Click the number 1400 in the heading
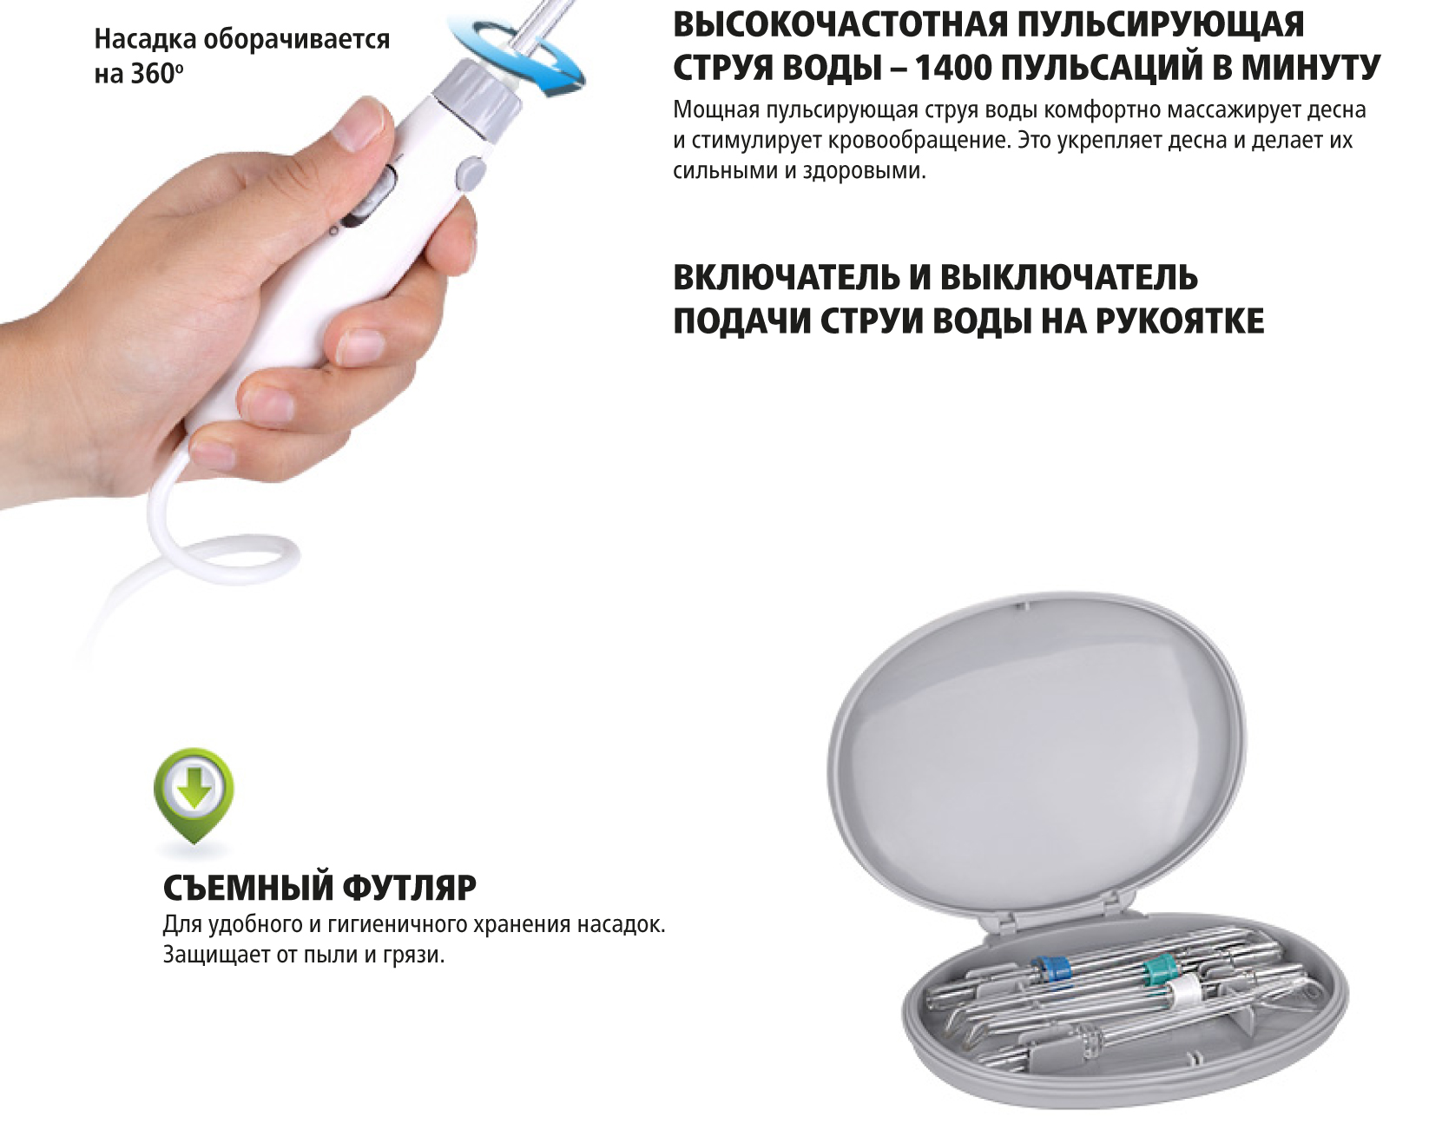pyautogui.click(x=952, y=68)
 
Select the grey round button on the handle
pyautogui.click(x=470, y=171)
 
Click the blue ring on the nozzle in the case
pyautogui.click(x=1052, y=969)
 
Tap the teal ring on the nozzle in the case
pyautogui.click(x=1157, y=968)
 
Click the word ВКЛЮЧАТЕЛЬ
pyautogui.click(x=786, y=278)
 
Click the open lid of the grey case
pyautogui.click(x=1037, y=756)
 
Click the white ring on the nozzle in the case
pyautogui.click(x=1183, y=993)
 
